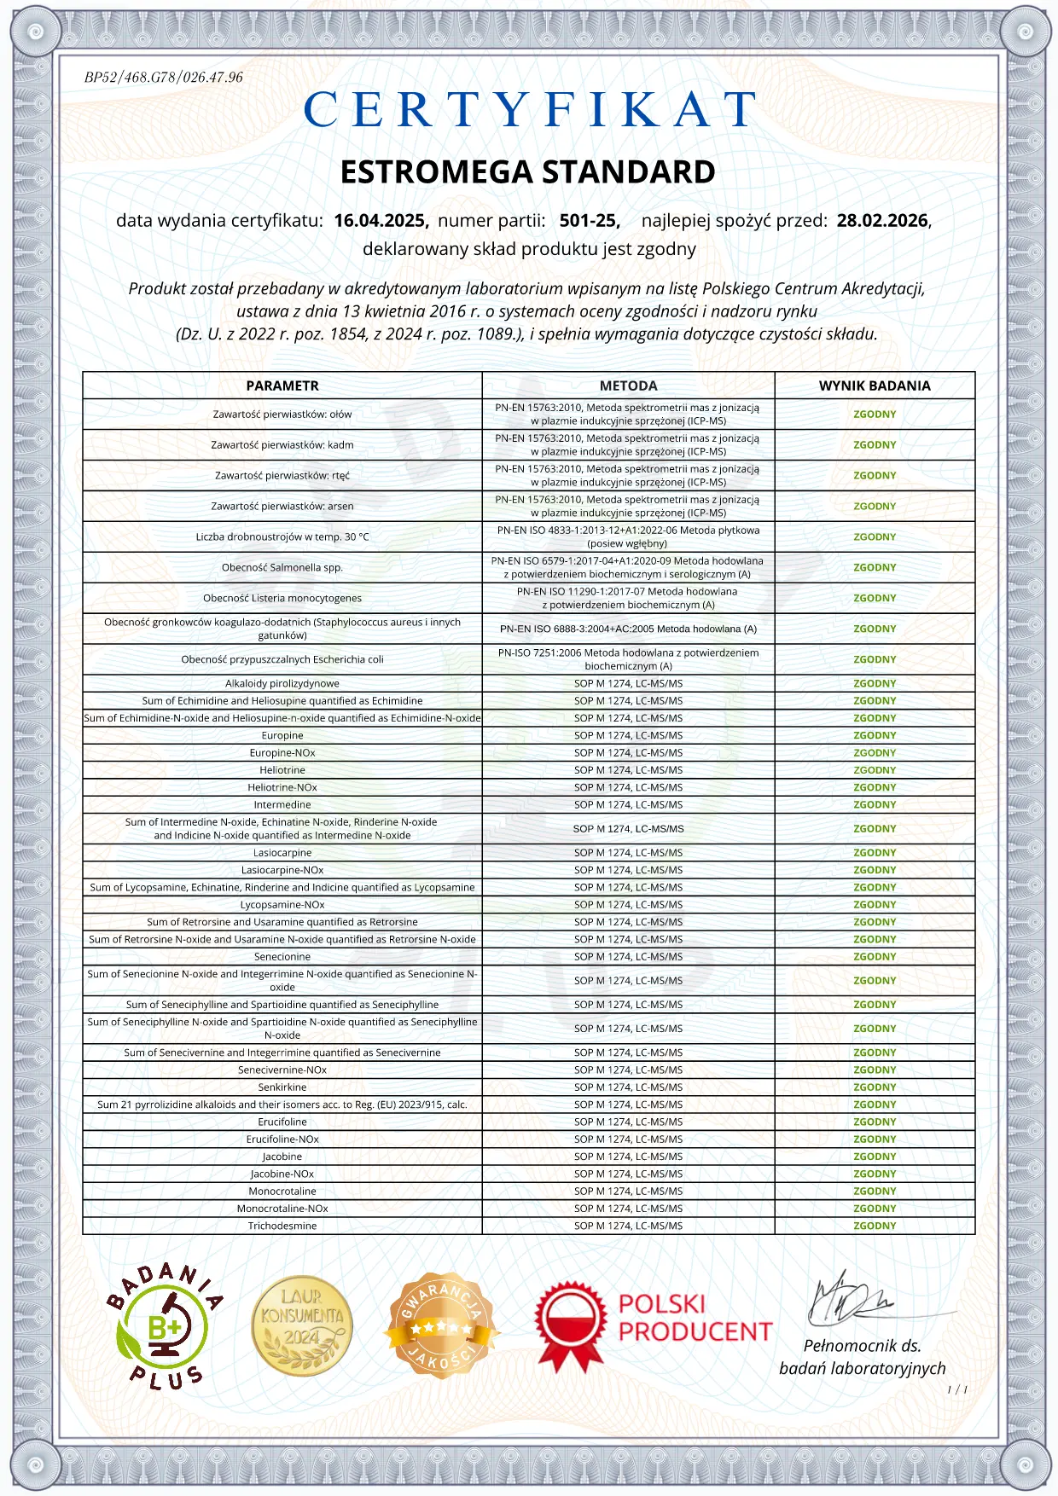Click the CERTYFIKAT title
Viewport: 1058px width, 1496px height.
pyautogui.click(x=529, y=110)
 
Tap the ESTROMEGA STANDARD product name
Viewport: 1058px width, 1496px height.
pyautogui.click(x=527, y=172)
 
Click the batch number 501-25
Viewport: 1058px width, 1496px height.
pyautogui.click(x=589, y=221)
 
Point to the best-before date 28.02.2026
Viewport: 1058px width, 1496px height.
pyautogui.click(x=882, y=221)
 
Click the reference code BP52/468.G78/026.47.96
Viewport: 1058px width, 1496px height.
pyautogui.click(x=163, y=78)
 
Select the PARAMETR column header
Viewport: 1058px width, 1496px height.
pyautogui.click(x=282, y=386)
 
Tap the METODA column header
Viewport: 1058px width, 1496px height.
pyautogui.click(x=628, y=386)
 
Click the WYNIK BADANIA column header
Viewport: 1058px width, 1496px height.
pyautogui.click(x=875, y=386)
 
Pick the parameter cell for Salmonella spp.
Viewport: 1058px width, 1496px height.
pyautogui.click(x=282, y=567)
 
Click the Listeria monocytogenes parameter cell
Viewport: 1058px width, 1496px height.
pyautogui.click(x=282, y=598)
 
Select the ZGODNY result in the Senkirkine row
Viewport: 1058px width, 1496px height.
pyautogui.click(x=875, y=1087)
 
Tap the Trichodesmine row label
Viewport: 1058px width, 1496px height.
pyautogui.click(x=282, y=1226)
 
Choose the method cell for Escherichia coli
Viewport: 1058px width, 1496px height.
pyautogui.click(x=628, y=659)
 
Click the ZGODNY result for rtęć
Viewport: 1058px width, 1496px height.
pyautogui.click(x=875, y=476)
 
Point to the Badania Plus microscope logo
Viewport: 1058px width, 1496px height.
pyautogui.click(x=163, y=1325)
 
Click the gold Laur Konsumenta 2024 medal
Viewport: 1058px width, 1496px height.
pyautogui.click(x=302, y=1325)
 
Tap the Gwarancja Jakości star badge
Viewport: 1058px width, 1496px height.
pyautogui.click(x=441, y=1325)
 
